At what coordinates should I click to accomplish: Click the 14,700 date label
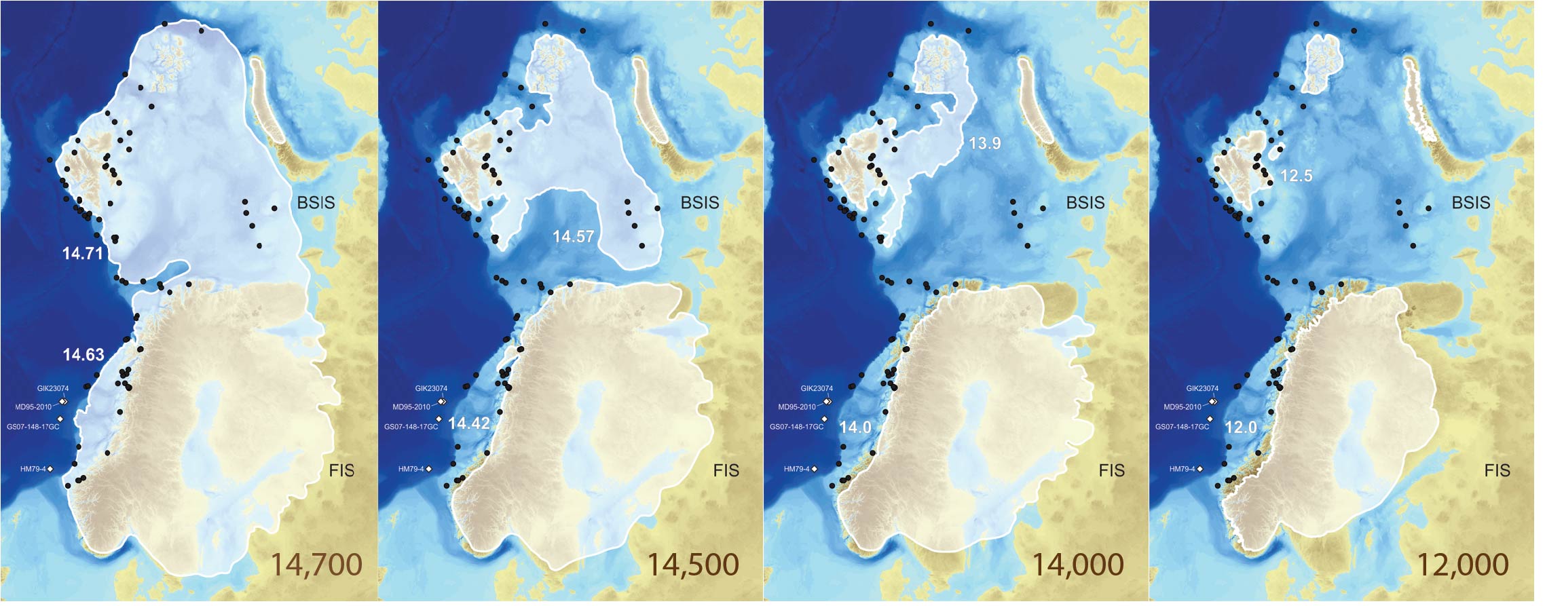[316, 565]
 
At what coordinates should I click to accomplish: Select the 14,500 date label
[693, 565]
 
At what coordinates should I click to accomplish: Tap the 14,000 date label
[1078, 565]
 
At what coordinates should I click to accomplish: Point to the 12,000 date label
[1463, 565]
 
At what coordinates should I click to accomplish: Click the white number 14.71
[82, 254]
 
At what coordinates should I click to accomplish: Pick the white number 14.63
[83, 355]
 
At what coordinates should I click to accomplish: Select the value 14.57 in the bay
[573, 237]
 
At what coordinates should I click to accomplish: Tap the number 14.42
[469, 423]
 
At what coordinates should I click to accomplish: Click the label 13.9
[984, 143]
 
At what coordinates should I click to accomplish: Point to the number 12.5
[1296, 176]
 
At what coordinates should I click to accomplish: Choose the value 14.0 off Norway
[855, 428]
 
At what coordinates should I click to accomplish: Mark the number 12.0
[1241, 428]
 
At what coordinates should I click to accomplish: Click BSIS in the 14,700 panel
[316, 203]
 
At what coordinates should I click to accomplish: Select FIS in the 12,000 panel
[1497, 470]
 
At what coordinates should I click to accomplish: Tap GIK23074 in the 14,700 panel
[53, 389]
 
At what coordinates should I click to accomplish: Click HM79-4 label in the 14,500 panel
[411, 469]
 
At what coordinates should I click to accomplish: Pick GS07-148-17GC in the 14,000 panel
[796, 427]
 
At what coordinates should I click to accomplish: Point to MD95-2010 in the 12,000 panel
[1183, 407]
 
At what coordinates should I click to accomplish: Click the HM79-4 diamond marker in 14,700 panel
[50, 469]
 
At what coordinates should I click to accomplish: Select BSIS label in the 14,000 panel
[1085, 203]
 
